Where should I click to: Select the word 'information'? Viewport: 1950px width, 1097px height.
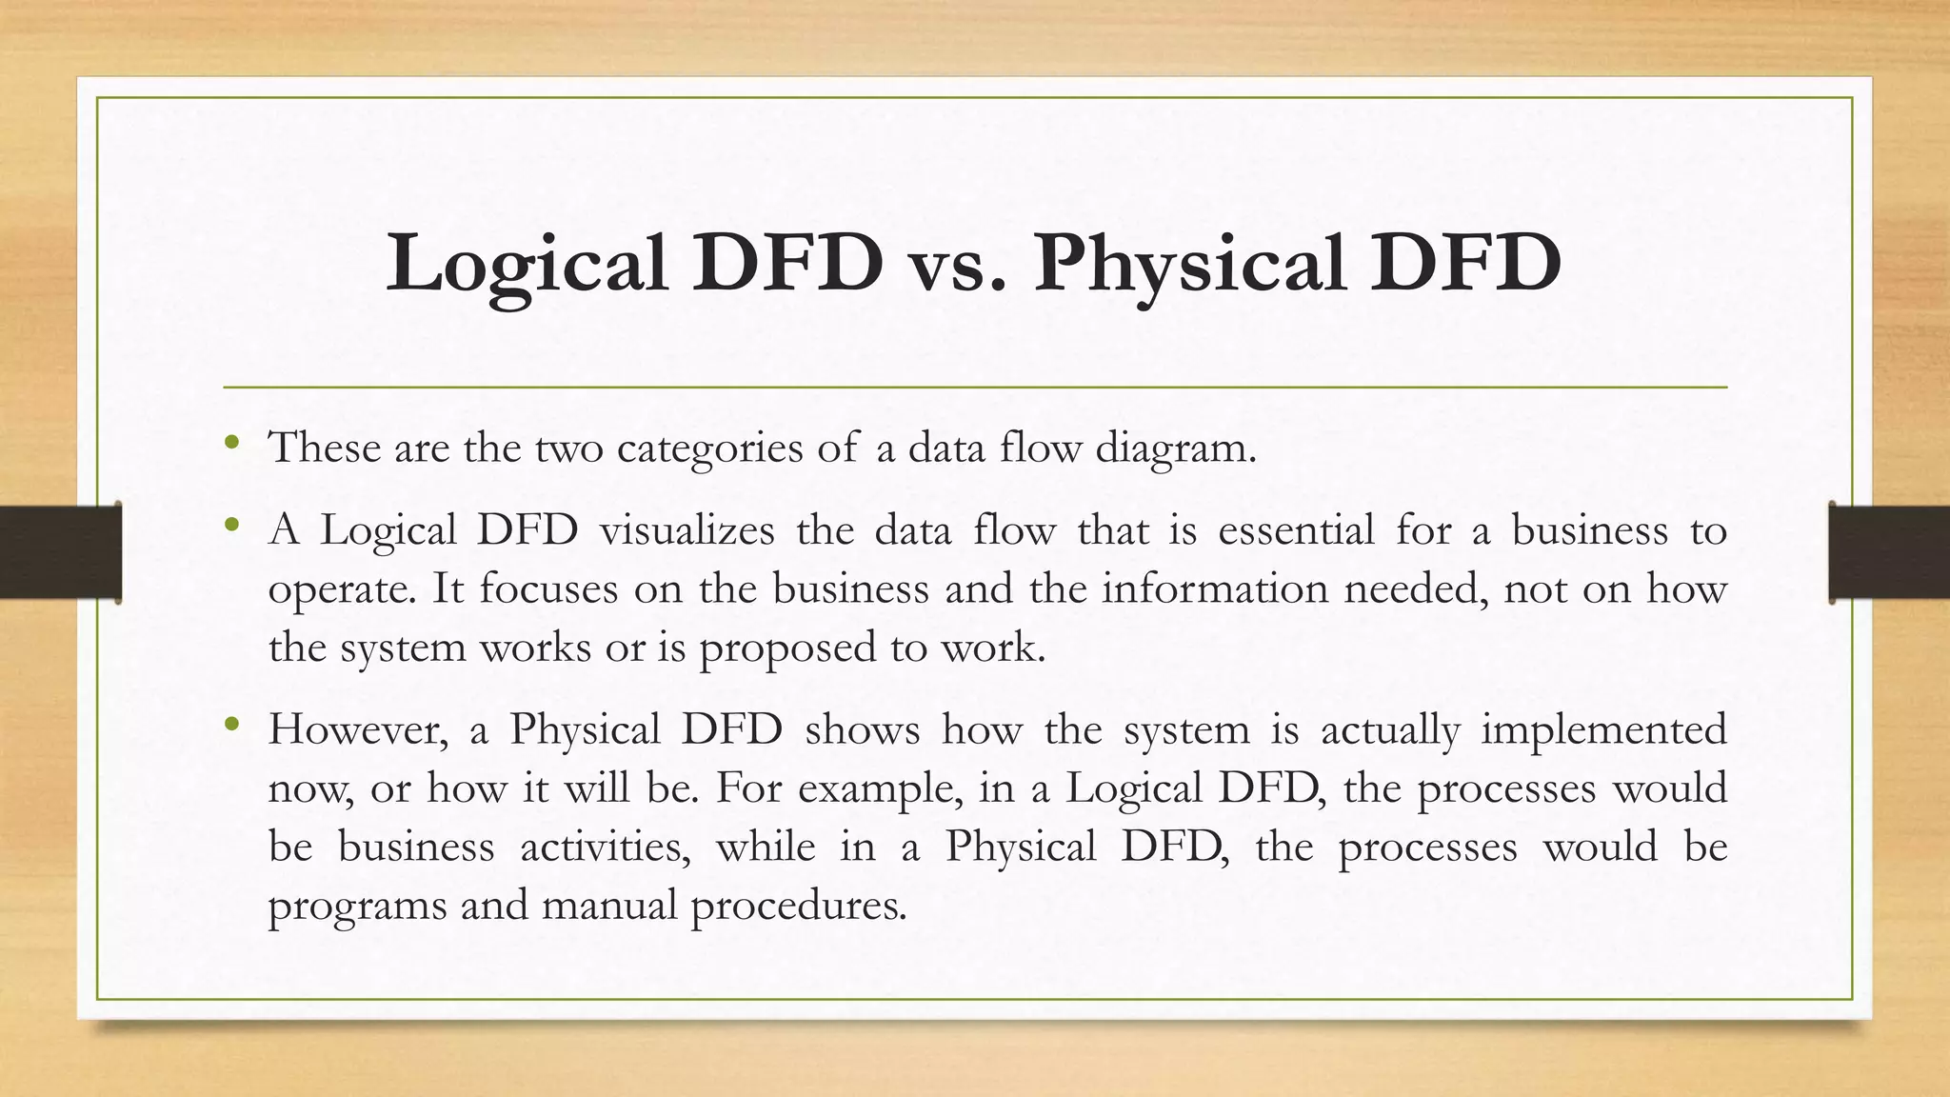[1215, 588]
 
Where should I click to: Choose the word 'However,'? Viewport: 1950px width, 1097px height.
[358, 730]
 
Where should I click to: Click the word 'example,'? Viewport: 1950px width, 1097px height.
[880, 788]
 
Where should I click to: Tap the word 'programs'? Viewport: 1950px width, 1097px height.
[356, 906]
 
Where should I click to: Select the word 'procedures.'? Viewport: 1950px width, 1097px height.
[798, 906]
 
